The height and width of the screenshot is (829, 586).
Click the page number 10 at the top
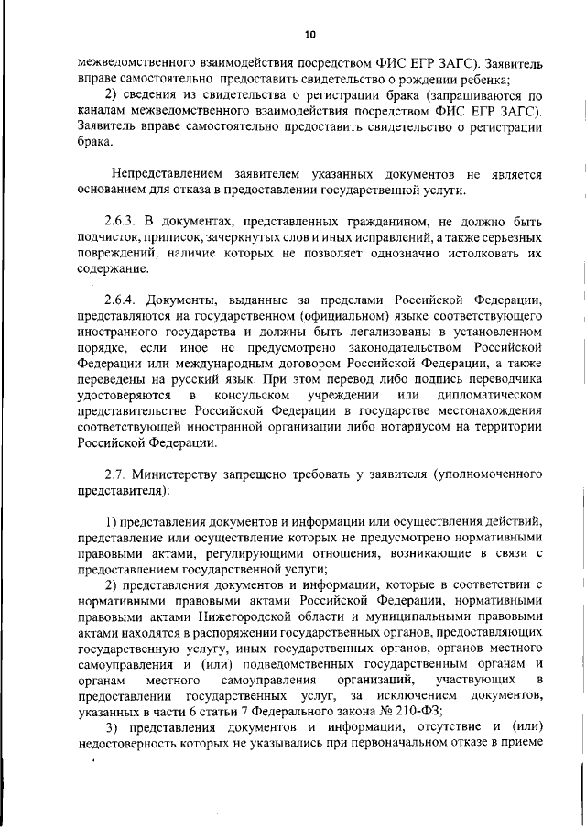309,35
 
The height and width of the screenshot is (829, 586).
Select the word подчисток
110,240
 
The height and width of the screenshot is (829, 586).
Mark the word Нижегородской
256,616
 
